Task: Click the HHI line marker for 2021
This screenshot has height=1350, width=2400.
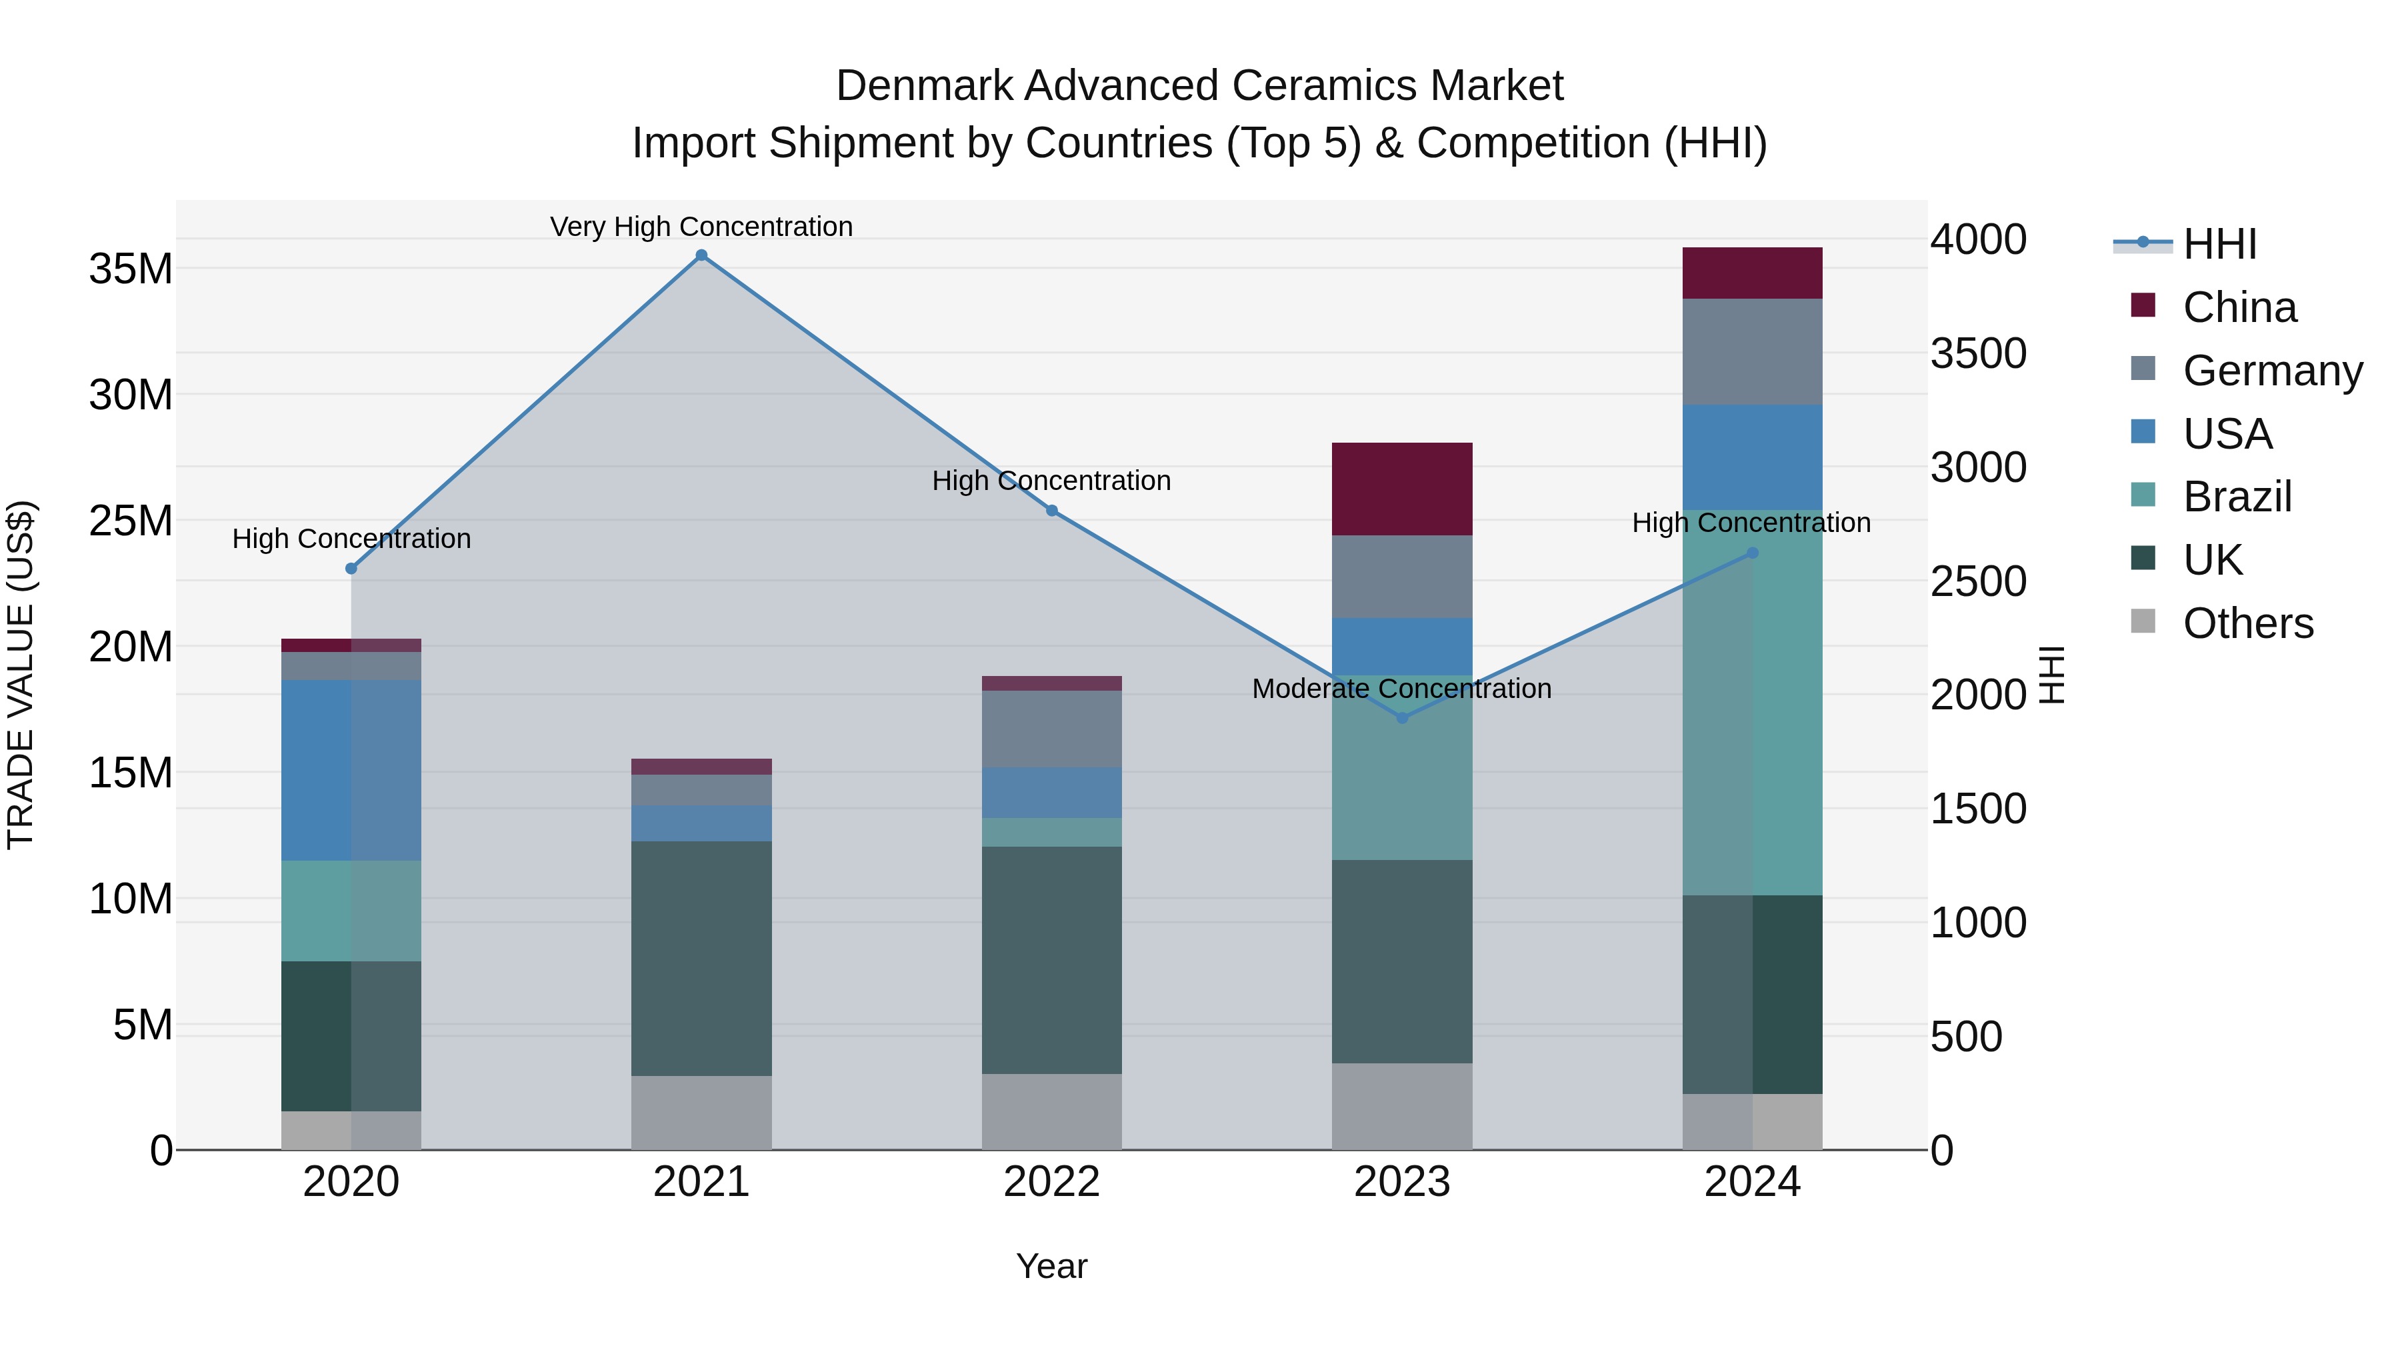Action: coord(701,255)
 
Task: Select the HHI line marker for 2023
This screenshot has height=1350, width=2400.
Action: coord(1402,717)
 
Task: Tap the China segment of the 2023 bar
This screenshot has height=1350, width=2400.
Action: coord(1402,489)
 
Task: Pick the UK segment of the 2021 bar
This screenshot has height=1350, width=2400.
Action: coord(701,959)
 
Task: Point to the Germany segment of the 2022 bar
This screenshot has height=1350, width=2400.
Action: coord(1052,729)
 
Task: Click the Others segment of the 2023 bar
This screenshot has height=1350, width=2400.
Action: coord(1402,1106)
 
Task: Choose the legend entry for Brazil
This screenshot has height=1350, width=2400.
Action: coord(2236,497)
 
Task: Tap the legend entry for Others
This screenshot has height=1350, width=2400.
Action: coord(2247,623)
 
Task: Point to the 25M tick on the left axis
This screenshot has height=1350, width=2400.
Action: coord(131,521)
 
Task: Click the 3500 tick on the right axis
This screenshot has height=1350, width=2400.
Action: coord(1978,354)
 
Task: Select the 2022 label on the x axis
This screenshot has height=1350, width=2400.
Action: coord(1052,1182)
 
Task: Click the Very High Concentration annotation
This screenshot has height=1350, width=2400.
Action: coord(701,227)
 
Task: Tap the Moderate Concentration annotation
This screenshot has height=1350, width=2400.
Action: coord(1401,689)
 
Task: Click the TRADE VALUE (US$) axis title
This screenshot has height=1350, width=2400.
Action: coord(21,675)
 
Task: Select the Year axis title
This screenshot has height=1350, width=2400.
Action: coord(1052,1266)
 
